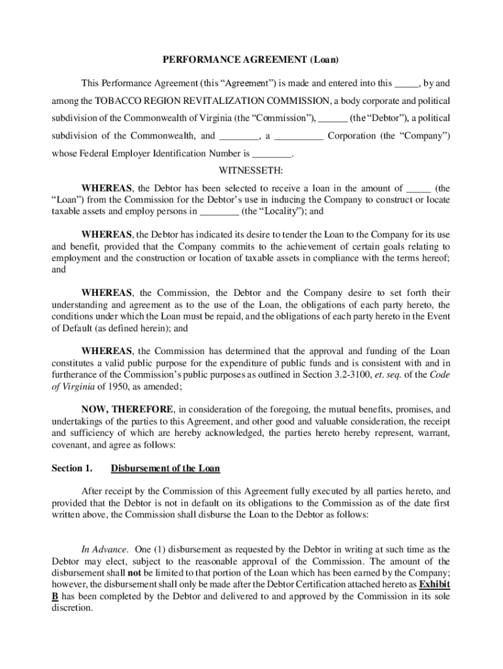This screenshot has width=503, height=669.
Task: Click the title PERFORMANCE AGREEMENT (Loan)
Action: tap(251, 60)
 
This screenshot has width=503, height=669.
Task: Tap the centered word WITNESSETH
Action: tap(251, 171)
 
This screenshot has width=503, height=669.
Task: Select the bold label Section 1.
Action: tap(72, 468)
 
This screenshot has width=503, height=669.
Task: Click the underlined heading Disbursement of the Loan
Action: tap(165, 468)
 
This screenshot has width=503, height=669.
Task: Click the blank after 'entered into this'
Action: tap(407, 84)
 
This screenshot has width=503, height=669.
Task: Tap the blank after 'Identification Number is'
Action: tap(272, 155)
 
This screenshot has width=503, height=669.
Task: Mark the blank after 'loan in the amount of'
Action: tap(418, 188)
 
